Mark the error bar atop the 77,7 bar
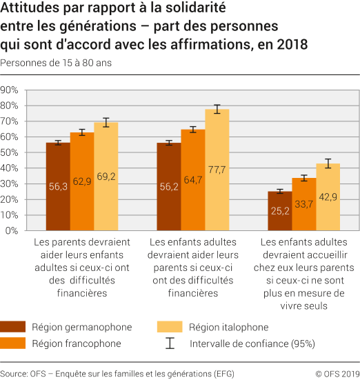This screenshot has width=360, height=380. pyautogui.click(x=217, y=109)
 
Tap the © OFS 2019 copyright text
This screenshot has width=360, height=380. pyautogui.click(x=337, y=373)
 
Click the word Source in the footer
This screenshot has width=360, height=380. pyautogui.click(x=14, y=373)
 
